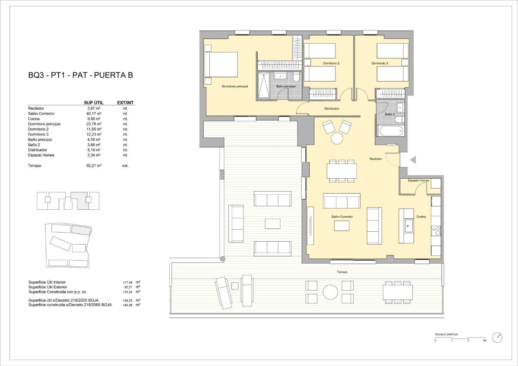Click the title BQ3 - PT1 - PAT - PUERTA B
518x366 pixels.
click(x=80, y=76)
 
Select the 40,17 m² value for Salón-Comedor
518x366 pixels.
click(x=93, y=114)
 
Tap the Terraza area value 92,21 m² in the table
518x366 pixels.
click(x=94, y=165)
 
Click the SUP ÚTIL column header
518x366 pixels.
click(x=92, y=103)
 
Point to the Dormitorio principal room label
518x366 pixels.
click(x=235, y=86)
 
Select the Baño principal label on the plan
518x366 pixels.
click(x=286, y=86)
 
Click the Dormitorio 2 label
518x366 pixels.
click(x=331, y=63)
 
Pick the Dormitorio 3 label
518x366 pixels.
click(x=380, y=63)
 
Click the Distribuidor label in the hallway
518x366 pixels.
click(x=332, y=109)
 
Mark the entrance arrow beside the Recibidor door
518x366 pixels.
click(x=413, y=160)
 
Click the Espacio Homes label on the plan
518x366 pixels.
click(x=419, y=180)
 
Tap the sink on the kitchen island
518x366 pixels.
click(x=408, y=224)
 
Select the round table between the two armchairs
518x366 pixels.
click(x=337, y=139)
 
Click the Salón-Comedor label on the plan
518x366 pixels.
click(x=342, y=217)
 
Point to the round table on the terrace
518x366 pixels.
click(x=330, y=292)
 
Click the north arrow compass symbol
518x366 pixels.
click(x=498, y=337)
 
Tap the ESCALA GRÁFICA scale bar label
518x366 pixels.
click(x=446, y=334)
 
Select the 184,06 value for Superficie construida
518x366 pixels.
click(x=129, y=305)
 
